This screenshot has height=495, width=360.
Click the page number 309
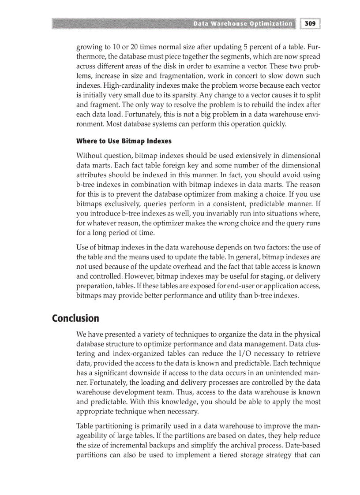[x=311, y=23]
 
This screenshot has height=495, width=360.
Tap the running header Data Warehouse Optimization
[x=243, y=23]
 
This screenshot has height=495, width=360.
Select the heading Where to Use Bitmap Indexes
[x=124, y=141]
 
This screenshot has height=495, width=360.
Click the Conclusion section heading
[x=75, y=318]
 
